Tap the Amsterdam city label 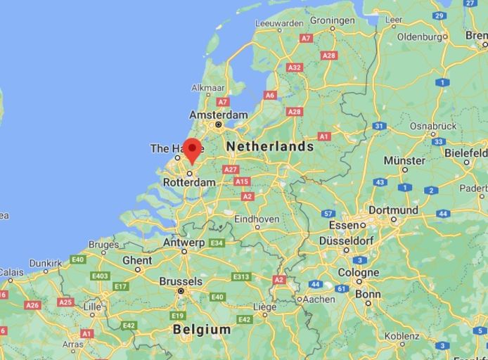218,115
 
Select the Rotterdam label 189,182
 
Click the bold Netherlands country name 269,146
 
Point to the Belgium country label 201,329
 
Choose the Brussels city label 181,281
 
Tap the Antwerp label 184,243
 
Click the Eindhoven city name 257,219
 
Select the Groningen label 332,20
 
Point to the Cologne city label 358,273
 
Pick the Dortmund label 393,210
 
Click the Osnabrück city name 433,126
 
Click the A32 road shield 295,67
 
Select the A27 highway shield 230,169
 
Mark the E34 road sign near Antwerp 217,243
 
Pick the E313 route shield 241,276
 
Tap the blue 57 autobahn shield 328,214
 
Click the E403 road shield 100,276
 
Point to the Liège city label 264,307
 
